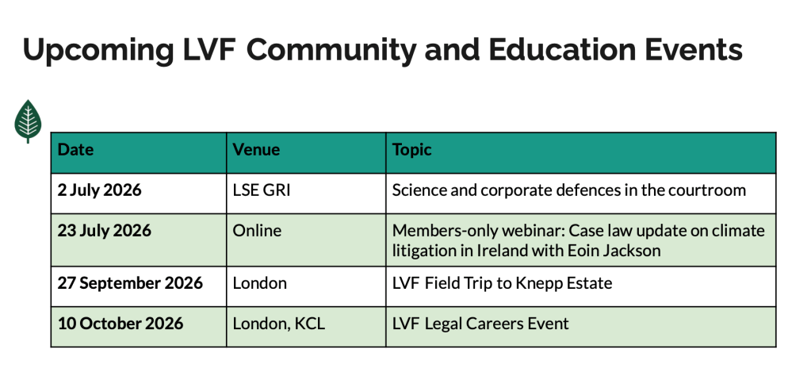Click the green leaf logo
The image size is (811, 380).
coord(28,121)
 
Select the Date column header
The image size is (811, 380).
coord(75,150)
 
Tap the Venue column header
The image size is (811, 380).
coord(256,150)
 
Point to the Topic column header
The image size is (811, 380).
coord(411,150)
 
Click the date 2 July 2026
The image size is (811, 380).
coord(99,190)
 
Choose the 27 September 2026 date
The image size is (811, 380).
coord(130,283)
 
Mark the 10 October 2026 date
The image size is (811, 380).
coord(121,324)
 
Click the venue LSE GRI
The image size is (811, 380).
coord(262,190)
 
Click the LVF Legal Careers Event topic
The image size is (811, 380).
coord(480,324)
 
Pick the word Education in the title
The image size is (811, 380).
coord(560,50)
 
